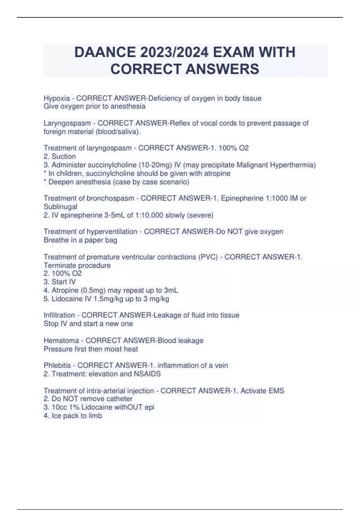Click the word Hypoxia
[57, 98]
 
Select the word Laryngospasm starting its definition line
[67, 123]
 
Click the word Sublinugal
[60, 207]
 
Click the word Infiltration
[59, 315]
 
